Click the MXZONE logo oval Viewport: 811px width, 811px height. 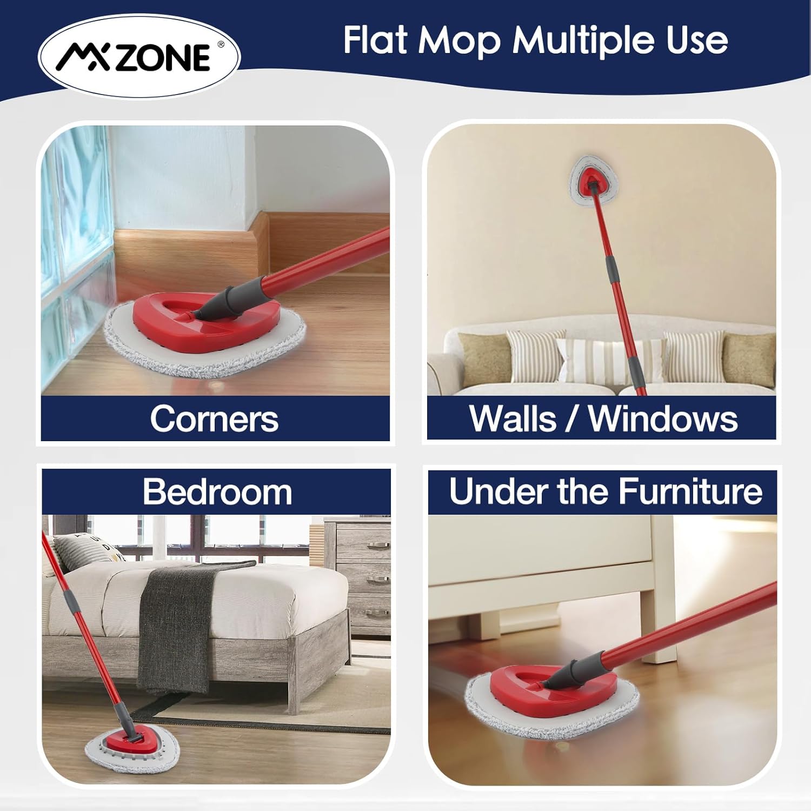(x=139, y=57)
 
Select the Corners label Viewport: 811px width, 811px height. (x=214, y=419)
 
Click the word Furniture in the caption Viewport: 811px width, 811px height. (x=690, y=491)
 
